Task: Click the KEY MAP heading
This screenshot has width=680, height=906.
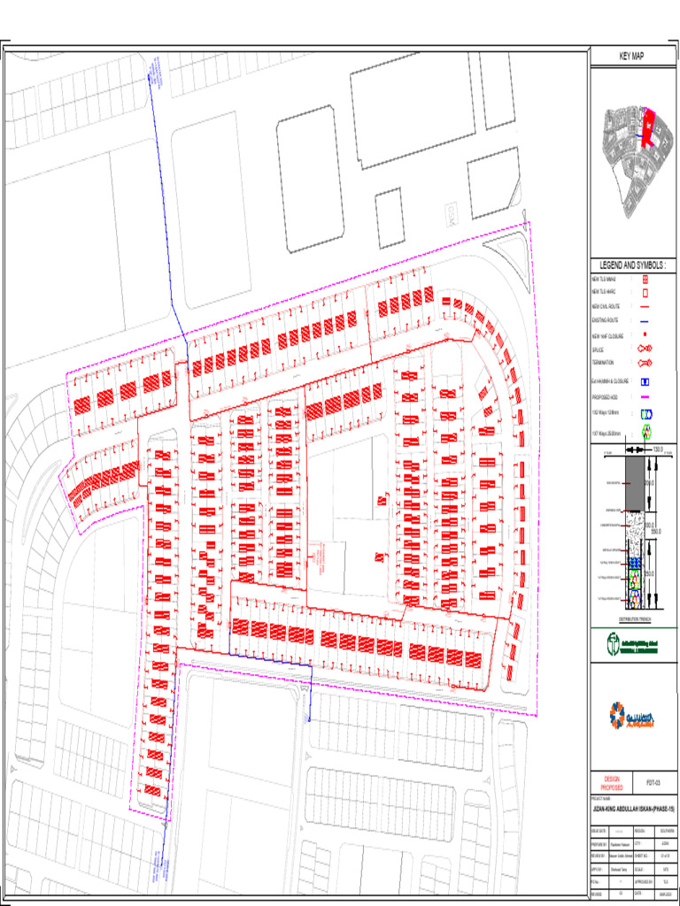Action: coord(634,57)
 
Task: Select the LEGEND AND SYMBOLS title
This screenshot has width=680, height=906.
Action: coord(633,265)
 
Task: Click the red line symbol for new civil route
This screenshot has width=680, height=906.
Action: coord(646,306)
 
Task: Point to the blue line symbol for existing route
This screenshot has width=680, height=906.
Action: coord(646,321)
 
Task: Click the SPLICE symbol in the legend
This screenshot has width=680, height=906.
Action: coord(646,350)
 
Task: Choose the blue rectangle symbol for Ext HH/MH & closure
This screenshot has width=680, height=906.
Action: coord(646,381)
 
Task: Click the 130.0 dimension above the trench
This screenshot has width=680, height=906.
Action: coord(657,449)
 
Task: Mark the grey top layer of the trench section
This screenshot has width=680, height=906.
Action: coord(634,483)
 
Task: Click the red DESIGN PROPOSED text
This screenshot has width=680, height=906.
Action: coord(612,784)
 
